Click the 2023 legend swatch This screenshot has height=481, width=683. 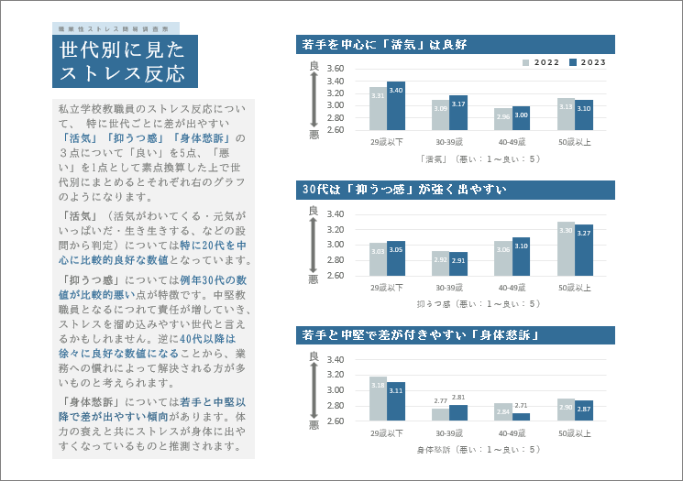573,62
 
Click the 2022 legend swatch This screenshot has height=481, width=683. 526,62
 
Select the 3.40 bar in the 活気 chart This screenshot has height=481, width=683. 396,105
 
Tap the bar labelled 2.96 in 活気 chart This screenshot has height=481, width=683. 503,119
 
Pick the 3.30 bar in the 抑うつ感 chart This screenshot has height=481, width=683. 566,248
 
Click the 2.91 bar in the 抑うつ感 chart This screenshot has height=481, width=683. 458,263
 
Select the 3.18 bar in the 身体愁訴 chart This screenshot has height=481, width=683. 378,399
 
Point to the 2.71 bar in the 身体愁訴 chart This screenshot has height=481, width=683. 521,417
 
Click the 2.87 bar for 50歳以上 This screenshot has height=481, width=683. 583,410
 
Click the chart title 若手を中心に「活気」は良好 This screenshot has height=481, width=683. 384,43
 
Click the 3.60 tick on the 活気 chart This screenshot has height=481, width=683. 335,69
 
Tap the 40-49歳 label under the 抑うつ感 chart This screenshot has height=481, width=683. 512,288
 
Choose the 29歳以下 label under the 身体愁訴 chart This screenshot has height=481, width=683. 387,432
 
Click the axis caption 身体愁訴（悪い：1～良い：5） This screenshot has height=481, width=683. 479,449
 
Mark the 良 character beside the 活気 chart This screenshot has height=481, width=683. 314,64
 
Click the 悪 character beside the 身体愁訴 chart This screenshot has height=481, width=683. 314,425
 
